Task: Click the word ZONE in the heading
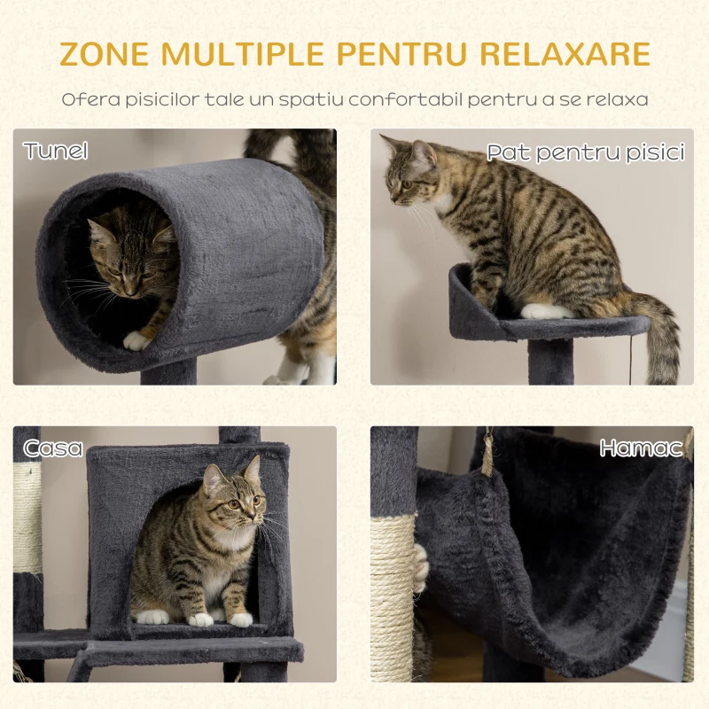[x=104, y=54]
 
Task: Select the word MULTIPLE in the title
[x=242, y=54]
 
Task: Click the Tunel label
[x=56, y=150]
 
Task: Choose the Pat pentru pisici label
[x=586, y=152]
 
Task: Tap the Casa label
[x=53, y=448]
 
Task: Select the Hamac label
[x=641, y=448]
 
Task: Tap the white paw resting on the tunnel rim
[x=136, y=340]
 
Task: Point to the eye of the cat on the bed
[x=406, y=184]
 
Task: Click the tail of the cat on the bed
[x=652, y=330]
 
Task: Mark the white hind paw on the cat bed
[x=546, y=311]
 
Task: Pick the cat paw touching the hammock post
[x=420, y=568]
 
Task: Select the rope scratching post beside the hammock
[x=393, y=597]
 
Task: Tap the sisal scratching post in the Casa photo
[x=27, y=518]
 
